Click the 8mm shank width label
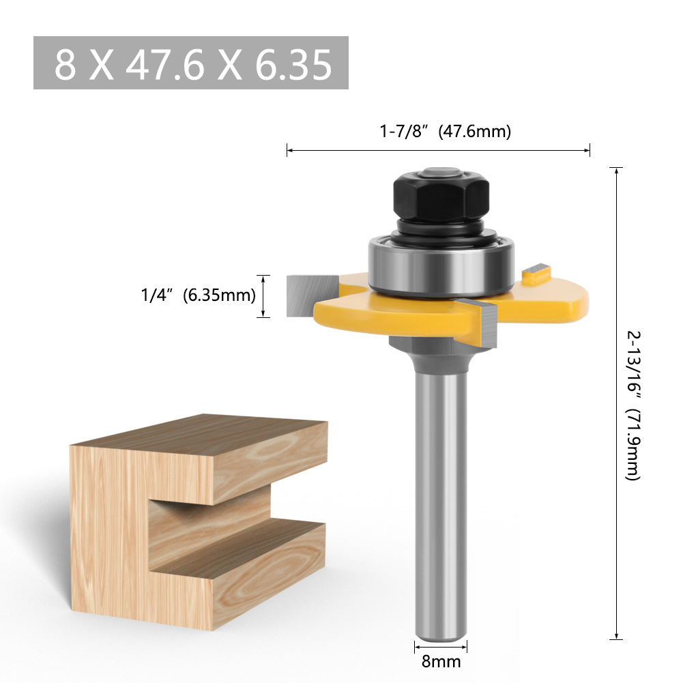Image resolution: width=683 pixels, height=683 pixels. (x=441, y=661)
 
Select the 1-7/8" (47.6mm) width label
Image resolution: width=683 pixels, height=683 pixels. (x=445, y=131)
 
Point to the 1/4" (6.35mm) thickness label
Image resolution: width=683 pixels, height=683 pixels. (x=198, y=295)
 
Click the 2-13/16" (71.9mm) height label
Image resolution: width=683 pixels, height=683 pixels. (x=633, y=405)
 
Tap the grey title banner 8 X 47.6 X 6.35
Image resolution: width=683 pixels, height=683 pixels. (x=191, y=63)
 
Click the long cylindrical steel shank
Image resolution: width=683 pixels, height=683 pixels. (x=441, y=491)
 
